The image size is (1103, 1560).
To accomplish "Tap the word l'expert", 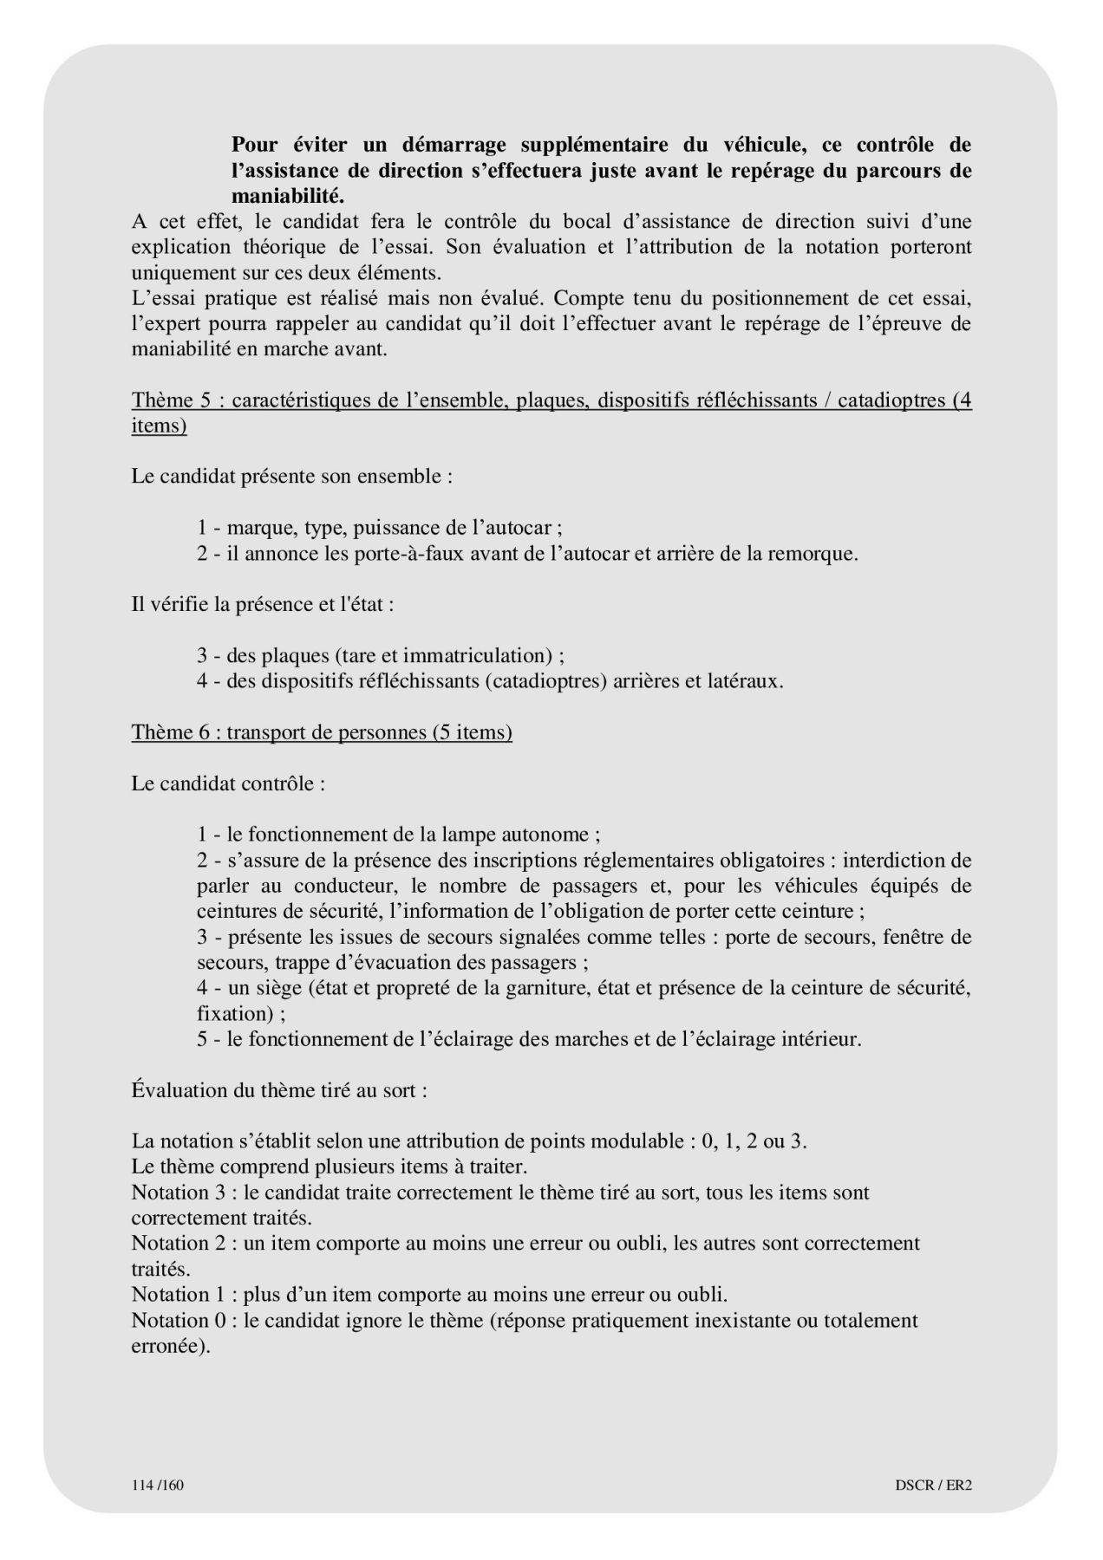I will pos(166,324).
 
